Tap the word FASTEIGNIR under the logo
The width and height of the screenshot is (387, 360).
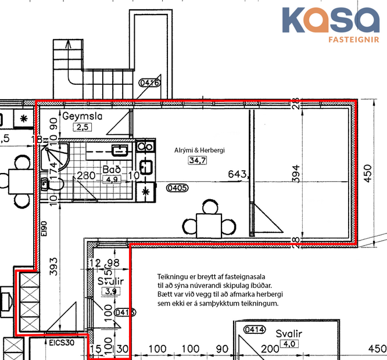click(354, 41)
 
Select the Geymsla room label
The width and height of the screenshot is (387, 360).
click(83, 116)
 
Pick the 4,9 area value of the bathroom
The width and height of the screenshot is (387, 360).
click(110, 179)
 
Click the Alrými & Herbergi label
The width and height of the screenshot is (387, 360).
click(199, 150)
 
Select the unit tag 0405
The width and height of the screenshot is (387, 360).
click(177, 188)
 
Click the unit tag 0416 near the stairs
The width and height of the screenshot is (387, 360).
click(149, 83)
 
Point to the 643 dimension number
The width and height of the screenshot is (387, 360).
click(238, 174)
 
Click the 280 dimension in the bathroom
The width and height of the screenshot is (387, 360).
click(87, 175)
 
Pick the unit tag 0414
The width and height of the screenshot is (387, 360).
click(255, 330)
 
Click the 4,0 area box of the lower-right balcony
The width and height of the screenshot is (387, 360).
click(286, 344)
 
